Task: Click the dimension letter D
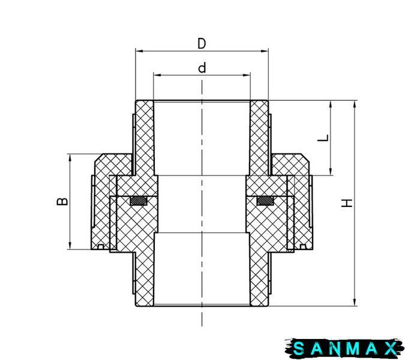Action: pos(202,43)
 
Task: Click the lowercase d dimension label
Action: pos(202,68)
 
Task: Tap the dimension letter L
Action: pos(323,138)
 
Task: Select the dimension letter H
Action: pos(347,203)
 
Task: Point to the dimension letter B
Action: pos(62,202)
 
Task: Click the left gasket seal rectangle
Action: pos(139,201)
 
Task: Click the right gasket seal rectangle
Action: pos(265,201)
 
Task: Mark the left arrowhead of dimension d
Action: pos(157,75)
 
